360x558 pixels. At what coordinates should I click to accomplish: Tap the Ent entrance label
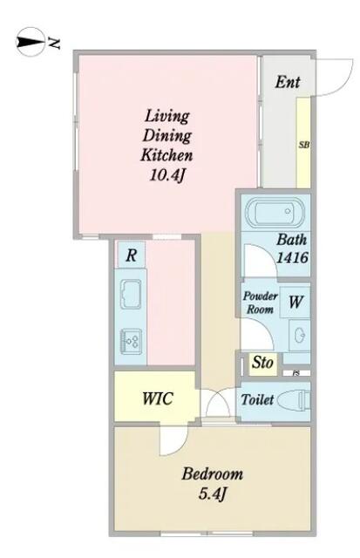[x=288, y=82]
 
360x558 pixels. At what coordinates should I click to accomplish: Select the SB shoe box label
[x=304, y=145]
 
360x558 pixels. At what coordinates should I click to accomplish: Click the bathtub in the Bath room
[x=275, y=212]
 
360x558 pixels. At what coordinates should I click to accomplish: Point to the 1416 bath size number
[x=292, y=257]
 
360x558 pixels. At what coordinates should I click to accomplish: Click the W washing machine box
[x=295, y=302]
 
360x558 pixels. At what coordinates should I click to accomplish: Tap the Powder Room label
[x=260, y=303]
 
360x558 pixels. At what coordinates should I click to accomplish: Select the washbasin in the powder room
[x=300, y=335]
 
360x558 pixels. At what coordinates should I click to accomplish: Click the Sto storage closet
[x=263, y=364]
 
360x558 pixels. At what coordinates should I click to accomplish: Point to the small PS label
[x=295, y=373]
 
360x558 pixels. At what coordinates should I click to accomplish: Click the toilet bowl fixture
[x=294, y=401]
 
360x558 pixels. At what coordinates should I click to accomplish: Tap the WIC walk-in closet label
[x=157, y=398]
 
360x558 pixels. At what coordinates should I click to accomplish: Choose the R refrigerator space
[x=131, y=255]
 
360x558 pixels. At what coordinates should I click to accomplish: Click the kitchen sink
[x=131, y=294]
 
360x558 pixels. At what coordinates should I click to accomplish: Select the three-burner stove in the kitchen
[x=131, y=342]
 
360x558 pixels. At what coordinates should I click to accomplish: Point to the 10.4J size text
[x=168, y=175]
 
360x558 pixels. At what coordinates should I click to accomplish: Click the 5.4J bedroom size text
[x=213, y=493]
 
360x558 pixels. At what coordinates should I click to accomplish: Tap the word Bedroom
[x=213, y=474]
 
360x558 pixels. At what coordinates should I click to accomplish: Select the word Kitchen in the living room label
[x=166, y=155]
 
